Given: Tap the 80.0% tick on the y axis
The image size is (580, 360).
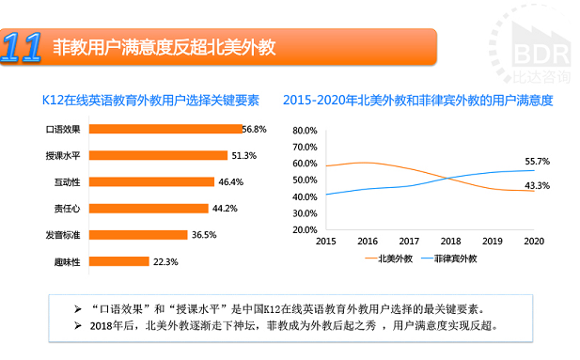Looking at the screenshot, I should pos(306,130).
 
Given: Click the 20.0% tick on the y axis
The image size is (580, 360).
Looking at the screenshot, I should pos(306,229).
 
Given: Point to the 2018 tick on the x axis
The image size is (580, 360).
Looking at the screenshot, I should pos(451,242).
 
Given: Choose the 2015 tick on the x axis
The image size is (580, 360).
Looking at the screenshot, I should pos(326,242).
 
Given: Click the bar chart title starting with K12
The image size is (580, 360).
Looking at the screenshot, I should pos(150,99).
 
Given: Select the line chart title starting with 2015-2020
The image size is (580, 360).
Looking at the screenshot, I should pos(416,99).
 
